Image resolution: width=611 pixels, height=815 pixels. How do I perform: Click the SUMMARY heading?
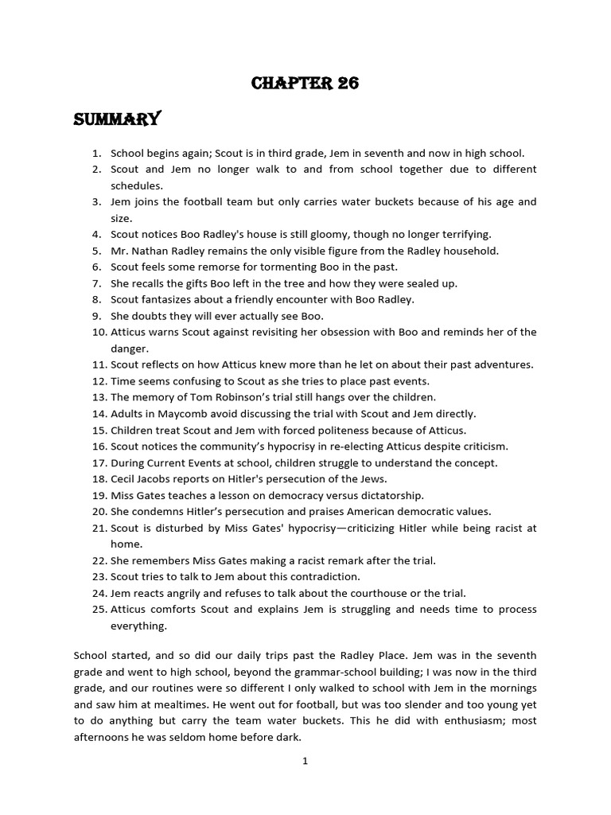[x=117, y=120]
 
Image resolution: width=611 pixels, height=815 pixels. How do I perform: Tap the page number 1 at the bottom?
[x=305, y=761]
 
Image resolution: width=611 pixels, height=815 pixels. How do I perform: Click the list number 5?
[x=97, y=251]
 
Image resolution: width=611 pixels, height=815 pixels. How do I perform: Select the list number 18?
[x=99, y=478]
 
